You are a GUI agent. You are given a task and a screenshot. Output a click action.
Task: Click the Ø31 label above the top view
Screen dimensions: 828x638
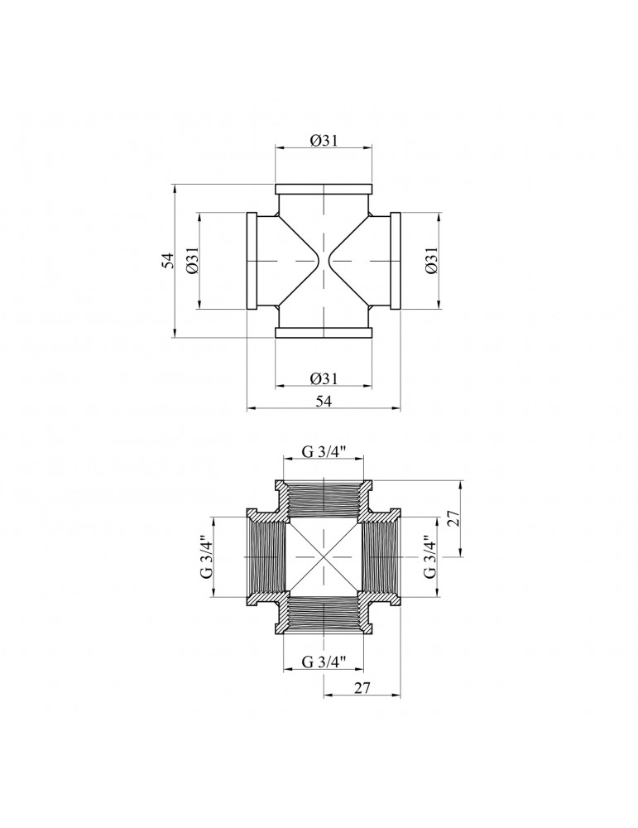click(x=323, y=140)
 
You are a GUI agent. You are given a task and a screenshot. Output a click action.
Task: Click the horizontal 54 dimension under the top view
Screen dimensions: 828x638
click(x=324, y=401)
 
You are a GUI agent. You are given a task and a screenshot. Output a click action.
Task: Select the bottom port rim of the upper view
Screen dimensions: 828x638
click(x=324, y=333)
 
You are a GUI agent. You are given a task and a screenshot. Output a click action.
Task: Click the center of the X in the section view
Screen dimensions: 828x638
click(x=324, y=557)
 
